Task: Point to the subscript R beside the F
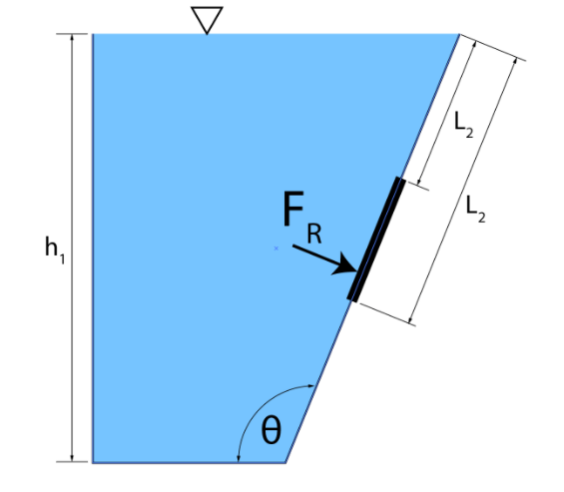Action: click(314, 235)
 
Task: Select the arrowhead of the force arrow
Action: click(349, 266)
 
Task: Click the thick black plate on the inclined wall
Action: click(376, 240)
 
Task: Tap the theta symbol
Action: click(271, 431)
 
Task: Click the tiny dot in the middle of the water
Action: click(276, 247)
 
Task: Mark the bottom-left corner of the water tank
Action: click(93, 462)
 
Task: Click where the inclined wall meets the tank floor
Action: click(286, 462)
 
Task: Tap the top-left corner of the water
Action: click(93, 35)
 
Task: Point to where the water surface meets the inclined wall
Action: click(459, 35)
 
